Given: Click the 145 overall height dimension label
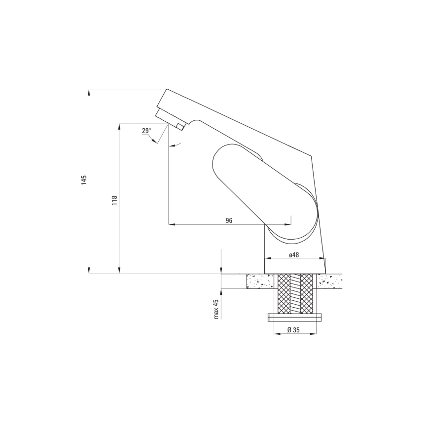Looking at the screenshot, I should click(84, 180).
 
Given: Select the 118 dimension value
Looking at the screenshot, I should click(114, 200).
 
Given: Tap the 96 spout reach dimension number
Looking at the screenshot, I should click(229, 220).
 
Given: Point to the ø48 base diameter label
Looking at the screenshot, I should click(294, 255).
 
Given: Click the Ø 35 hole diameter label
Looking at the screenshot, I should click(294, 330).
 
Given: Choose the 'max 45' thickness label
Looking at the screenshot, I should click(216, 309).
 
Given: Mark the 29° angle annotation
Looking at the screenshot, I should click(146, 131).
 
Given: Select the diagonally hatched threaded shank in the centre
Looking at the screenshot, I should click(295, 294).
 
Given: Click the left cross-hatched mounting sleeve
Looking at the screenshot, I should click(284, 294).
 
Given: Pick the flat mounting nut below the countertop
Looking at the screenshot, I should click(295, 318).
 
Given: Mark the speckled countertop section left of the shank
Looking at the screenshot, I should click(260, 282).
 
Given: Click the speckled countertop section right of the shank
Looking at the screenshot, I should click(329, 282).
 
